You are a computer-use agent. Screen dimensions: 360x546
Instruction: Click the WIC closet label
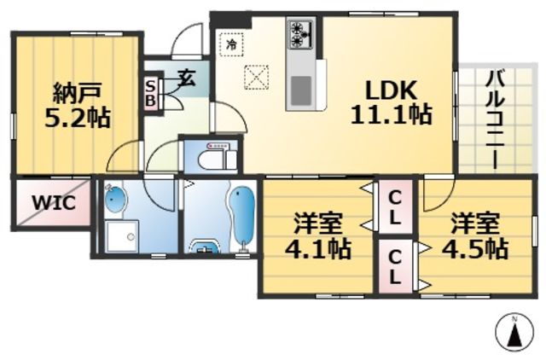pos(55,203)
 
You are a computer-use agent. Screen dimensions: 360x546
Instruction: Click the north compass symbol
pos(514,332)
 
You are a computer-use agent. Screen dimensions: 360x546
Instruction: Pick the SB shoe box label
pos(151,93)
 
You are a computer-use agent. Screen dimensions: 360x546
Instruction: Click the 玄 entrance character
pos(186,80)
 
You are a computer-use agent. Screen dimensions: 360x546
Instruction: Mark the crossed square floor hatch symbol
pos(255,78)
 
